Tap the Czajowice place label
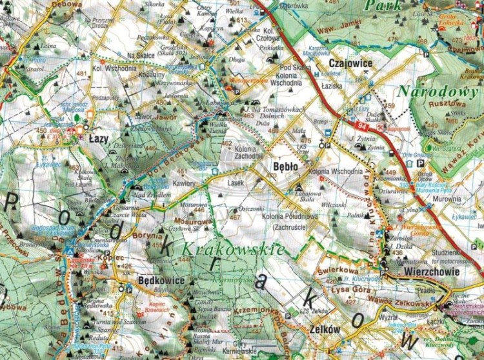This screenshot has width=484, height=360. point(351,64)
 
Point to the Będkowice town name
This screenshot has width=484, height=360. point(162,281)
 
